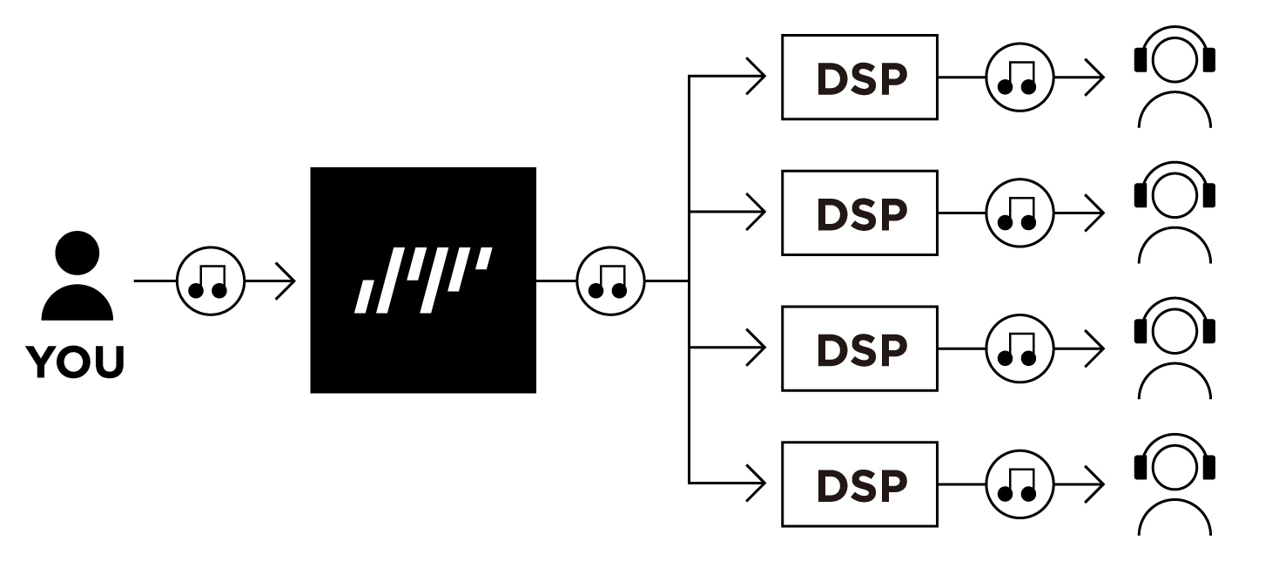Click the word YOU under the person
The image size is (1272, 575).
[x=75, y=362]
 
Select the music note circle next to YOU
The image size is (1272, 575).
[x=211, y=281]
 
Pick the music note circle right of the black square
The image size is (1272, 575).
[x=611, y=281]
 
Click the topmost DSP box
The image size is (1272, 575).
[x=859, y=77]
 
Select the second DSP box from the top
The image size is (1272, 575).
[x=859, y=213]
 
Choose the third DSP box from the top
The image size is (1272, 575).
[x=859, y=348]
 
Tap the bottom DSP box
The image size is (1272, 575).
[x=859, y=484]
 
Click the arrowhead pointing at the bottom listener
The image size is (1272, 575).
[x=1094, y=484]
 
